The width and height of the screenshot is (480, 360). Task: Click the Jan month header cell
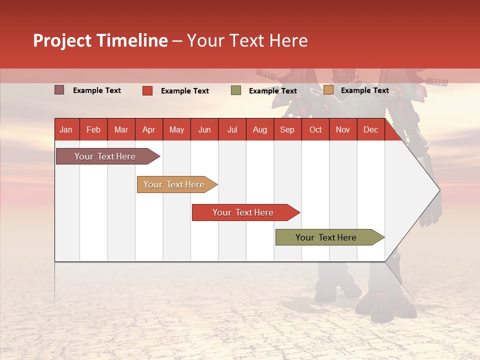pos(66,130)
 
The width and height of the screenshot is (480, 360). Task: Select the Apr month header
pos(149,130)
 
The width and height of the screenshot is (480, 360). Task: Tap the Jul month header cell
pos(232,130)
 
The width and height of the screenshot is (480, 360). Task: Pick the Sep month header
pos(287,130)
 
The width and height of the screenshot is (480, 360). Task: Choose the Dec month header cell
pos(370,130)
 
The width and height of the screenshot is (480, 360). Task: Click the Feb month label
pos(93,130)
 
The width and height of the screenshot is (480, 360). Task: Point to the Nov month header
pos(343,130)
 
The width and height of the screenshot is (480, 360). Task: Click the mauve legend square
pos(59,90)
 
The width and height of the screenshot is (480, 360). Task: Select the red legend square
pos(147,90)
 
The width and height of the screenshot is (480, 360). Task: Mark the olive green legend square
pos(236,90)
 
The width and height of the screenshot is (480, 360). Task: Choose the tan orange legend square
pos(328,90)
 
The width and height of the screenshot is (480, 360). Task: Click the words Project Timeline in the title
pos(100,40)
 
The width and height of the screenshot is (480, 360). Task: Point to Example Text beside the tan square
pos(364,90)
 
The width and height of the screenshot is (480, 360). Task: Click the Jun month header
pos(204,130)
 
